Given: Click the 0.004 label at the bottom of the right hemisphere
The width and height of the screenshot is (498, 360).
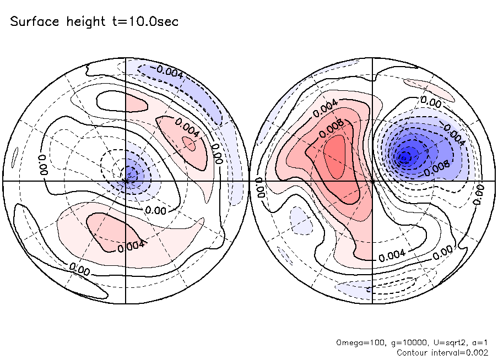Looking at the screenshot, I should pos(392,255).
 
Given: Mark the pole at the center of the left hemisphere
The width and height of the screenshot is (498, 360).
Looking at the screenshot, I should pos(126,180).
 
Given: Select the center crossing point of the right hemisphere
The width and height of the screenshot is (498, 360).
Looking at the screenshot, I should pos(373,180).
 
